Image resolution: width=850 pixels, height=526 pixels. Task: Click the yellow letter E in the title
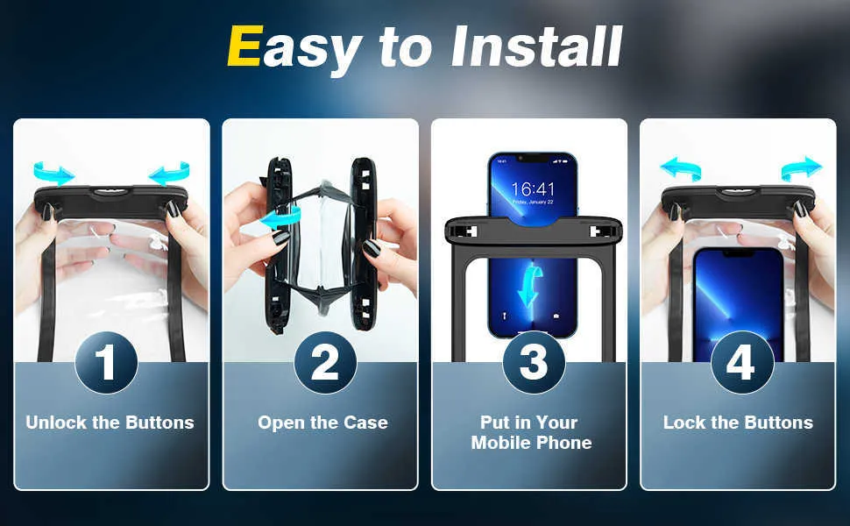(x=245, y=46)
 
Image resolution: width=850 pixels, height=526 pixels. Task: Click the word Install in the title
(x=536, y=46)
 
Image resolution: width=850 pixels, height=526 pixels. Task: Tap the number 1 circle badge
(x=106, y=362)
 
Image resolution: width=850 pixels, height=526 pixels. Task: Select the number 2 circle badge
(x=325, y=362)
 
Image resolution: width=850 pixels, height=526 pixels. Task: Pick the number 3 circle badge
(x=534, y=362)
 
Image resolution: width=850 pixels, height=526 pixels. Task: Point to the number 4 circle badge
(x=742, y=362)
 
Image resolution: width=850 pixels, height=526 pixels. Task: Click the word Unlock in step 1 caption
(x=56, y=423)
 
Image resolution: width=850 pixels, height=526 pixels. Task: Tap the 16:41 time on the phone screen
(x=533, y=189)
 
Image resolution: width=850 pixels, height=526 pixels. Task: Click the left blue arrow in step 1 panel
(x=53, y=173)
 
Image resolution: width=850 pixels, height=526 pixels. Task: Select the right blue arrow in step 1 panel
(x=169, y=174)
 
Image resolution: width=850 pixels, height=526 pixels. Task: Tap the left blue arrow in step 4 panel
(x=680, y=168)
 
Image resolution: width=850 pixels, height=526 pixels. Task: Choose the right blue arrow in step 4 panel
(x=801, y=168)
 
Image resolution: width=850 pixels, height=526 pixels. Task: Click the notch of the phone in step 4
(x=739, y=252)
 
